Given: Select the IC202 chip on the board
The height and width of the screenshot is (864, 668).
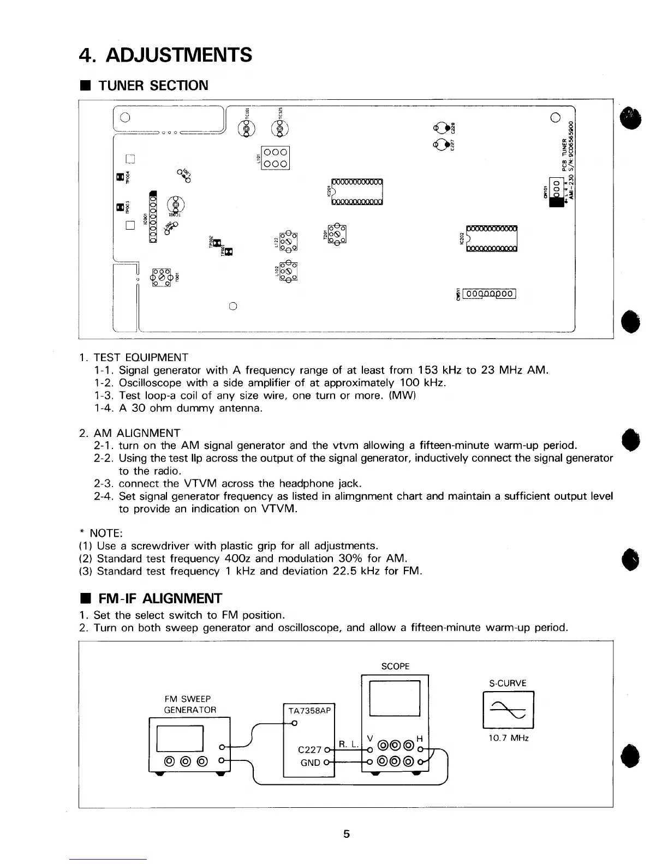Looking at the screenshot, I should [492, 238].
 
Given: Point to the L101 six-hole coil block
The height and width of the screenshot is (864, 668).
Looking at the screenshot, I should [275, 158].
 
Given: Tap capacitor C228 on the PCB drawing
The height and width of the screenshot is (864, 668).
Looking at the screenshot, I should [443, 128].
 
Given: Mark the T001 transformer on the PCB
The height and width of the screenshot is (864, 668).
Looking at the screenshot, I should [162, 277].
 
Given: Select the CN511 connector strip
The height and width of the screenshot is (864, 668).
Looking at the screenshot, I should [489, 295].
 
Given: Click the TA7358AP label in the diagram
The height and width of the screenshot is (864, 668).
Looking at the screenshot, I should [309, 711].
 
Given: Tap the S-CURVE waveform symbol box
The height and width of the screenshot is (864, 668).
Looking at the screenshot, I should [508, 709].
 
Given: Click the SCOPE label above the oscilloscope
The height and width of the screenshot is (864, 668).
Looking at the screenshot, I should [395, 666].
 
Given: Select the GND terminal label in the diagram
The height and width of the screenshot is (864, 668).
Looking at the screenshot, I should [310, 763].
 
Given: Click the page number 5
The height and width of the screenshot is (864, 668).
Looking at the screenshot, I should [346, 834].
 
